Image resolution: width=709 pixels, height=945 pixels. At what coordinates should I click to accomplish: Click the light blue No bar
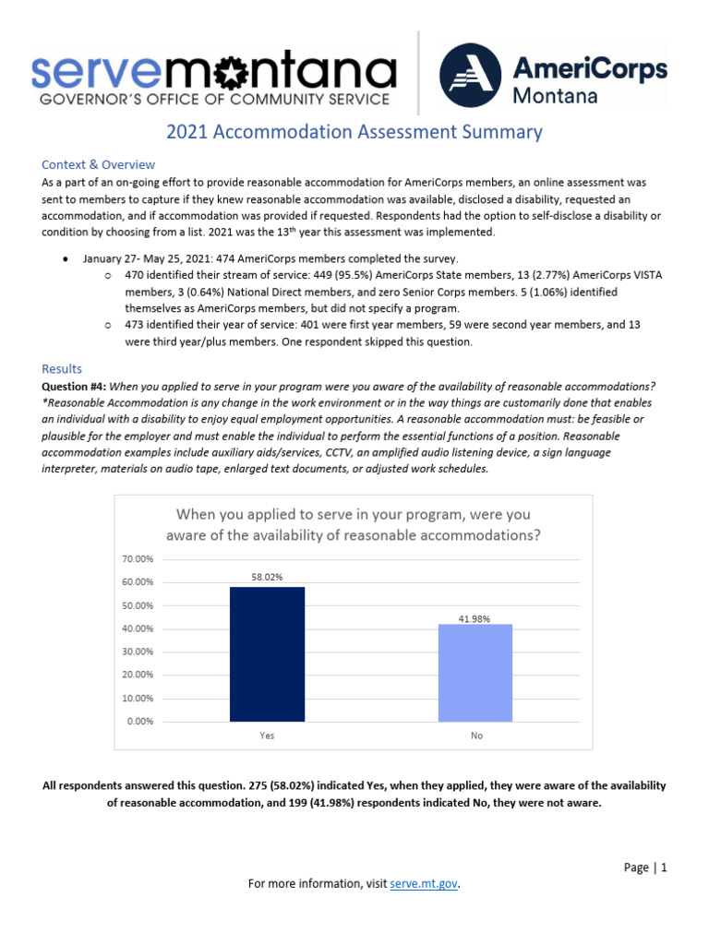[x=475, y=673]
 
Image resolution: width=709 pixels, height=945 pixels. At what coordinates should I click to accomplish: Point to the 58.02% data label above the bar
[x=267, y=577]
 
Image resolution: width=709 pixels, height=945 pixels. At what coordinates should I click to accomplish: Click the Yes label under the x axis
[x=267, y=736]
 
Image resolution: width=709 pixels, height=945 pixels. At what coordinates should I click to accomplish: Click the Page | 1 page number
[x=644, y=867]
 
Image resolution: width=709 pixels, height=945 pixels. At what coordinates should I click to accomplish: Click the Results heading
[x=62, y=368]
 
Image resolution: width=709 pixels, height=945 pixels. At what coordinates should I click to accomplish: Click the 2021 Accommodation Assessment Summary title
[x=354, y=132]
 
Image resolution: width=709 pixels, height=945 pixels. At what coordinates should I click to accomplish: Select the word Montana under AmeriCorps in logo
[x=554, y=95]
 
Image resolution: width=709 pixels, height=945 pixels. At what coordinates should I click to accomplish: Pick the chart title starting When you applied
[x=354, y=524]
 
